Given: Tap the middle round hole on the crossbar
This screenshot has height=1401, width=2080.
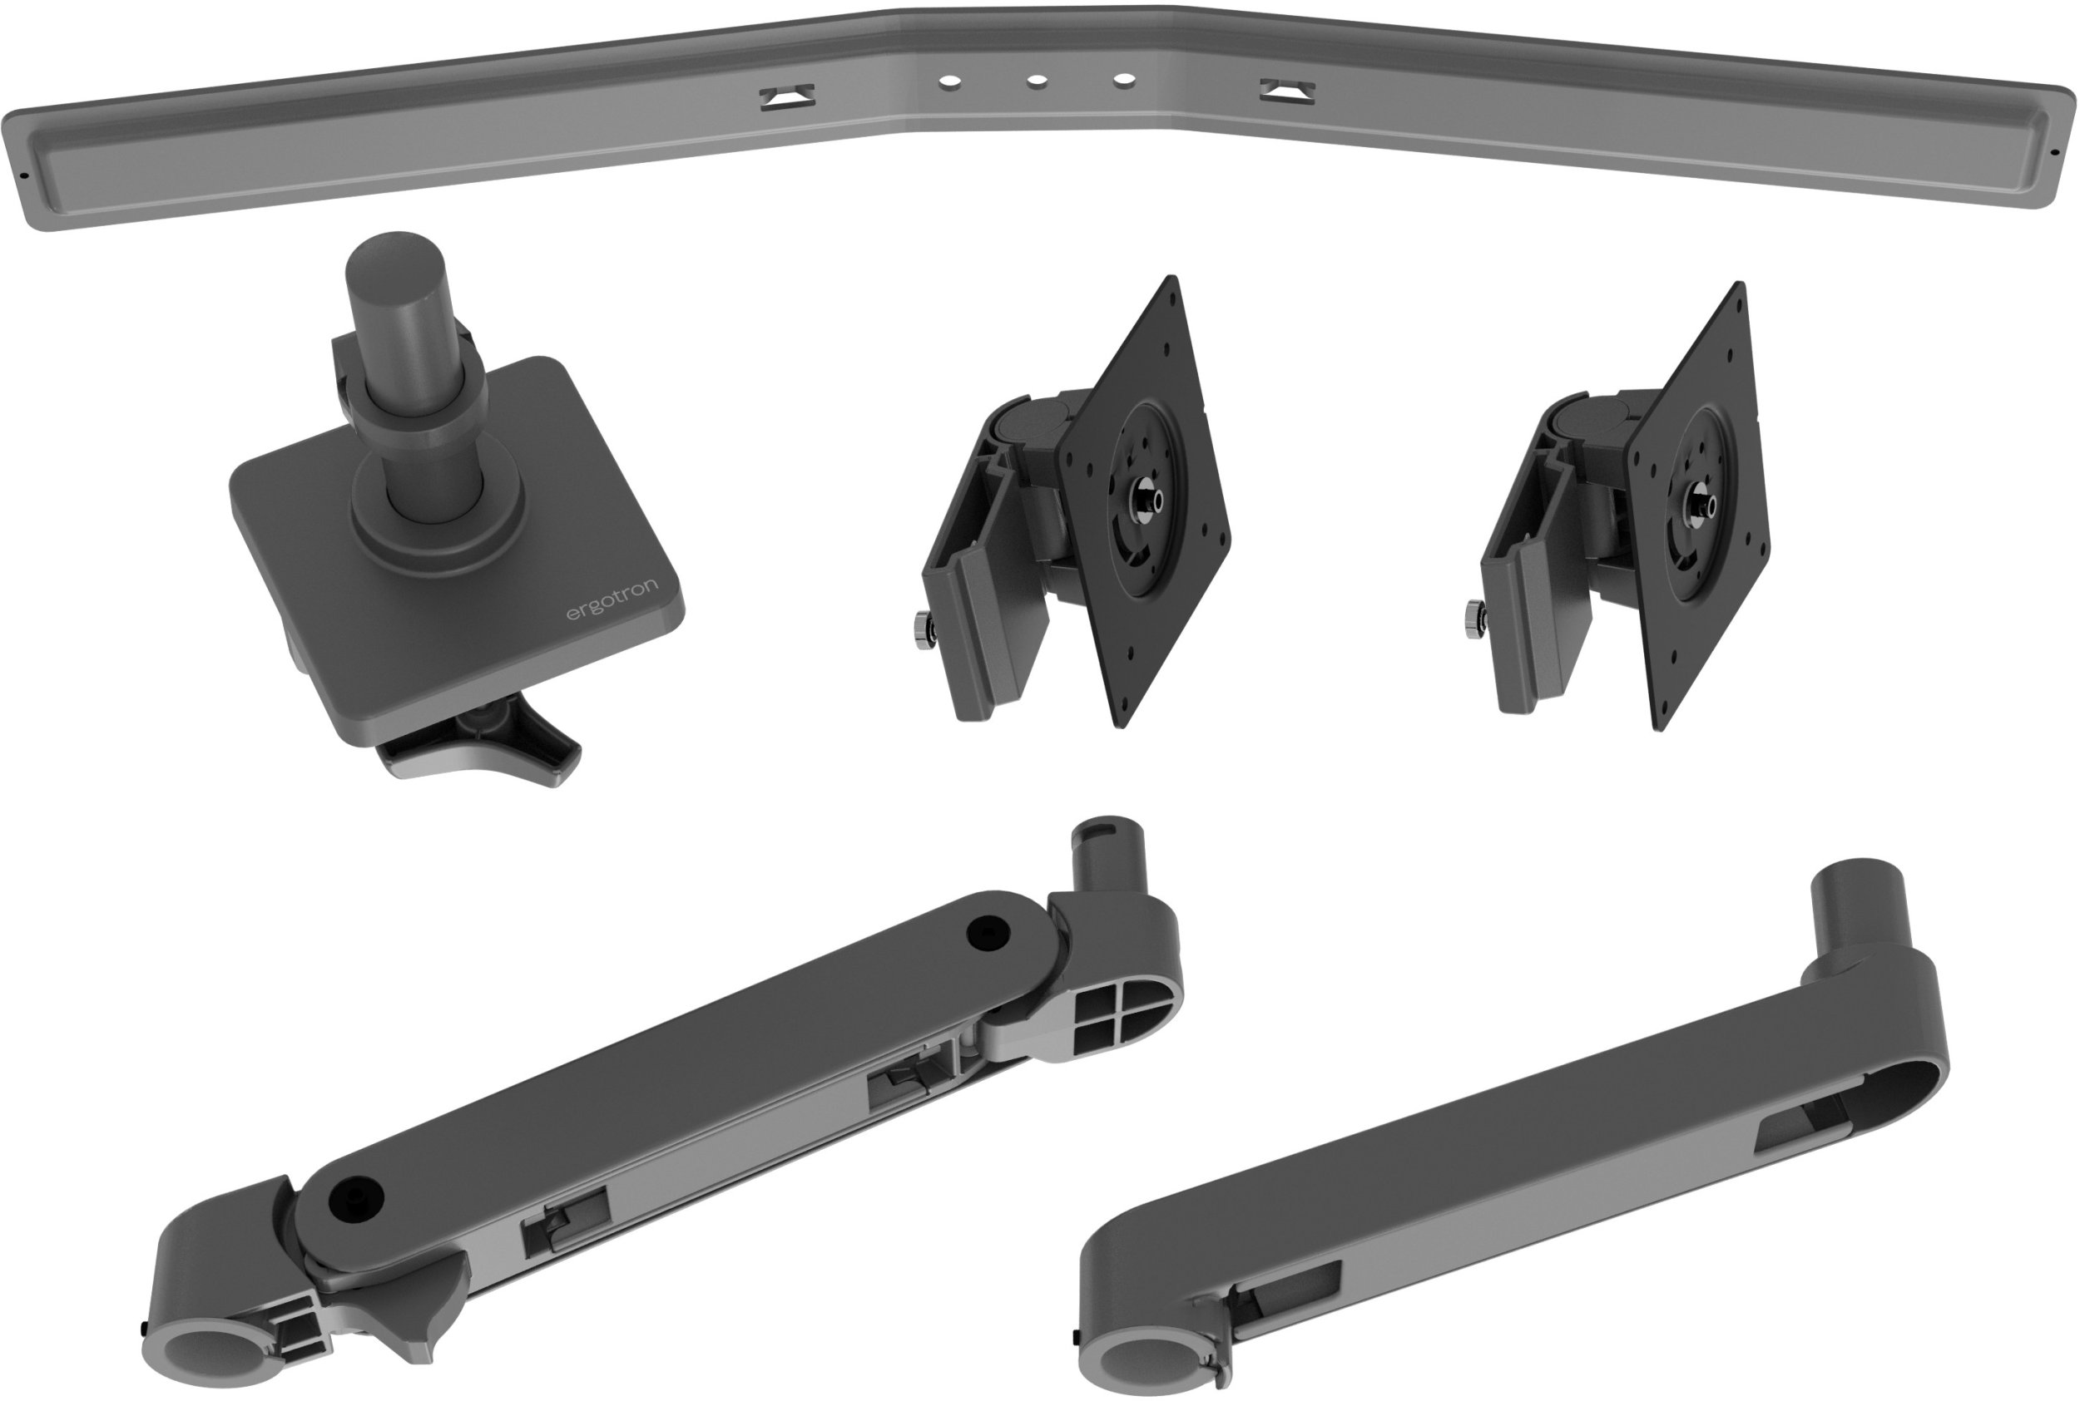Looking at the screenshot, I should coord(1036,81).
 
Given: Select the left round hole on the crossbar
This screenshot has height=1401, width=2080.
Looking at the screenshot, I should coord(948,81).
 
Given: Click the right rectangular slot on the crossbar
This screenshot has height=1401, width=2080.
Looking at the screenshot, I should coord(1286,91).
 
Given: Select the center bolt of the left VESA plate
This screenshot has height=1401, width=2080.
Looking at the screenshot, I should coord(1145,495).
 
